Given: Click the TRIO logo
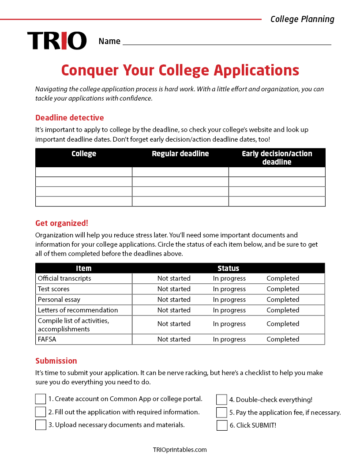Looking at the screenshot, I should pyautogui.click(x=57, y=41).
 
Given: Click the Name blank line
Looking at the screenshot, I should pyautogui.click(x=226, y=41).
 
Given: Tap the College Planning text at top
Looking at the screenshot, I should pyautogui.click(x=302, y=19).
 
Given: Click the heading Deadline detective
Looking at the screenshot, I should pyautogui.click(x=70, y=118).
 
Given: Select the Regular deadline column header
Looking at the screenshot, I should pyautogui.click(x=180, y=154).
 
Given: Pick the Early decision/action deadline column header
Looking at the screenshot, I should pyautogui.click(x=277, y=158).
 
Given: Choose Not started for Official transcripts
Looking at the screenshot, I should pyautogui.click(x=174, y=278).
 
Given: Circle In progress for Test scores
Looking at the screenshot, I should pyautogui.click(x=229, y=289).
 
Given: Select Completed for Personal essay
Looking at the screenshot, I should pyautogui.click(x=283, y=300).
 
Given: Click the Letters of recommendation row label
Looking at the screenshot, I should pyautogui.click(x=78, y=310).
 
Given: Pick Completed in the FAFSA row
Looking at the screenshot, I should pyautogui.click(x=283, y=339).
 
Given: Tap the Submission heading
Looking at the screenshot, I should pyautogui.click(x=56, y=361).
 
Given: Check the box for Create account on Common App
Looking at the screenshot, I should pyautogui.click(x=41, y=399).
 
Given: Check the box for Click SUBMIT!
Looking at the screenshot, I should pyautogui.click(x=222, y=425).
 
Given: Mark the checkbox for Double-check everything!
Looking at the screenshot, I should pyautogui.click(x=222, y=400).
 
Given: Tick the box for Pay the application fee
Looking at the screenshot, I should pyautogui.click(x=222, y=413).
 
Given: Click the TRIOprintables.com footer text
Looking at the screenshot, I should pyautogui.click(x=180, y=450).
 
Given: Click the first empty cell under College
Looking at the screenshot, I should pyautogui.click(x=84, y=172).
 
